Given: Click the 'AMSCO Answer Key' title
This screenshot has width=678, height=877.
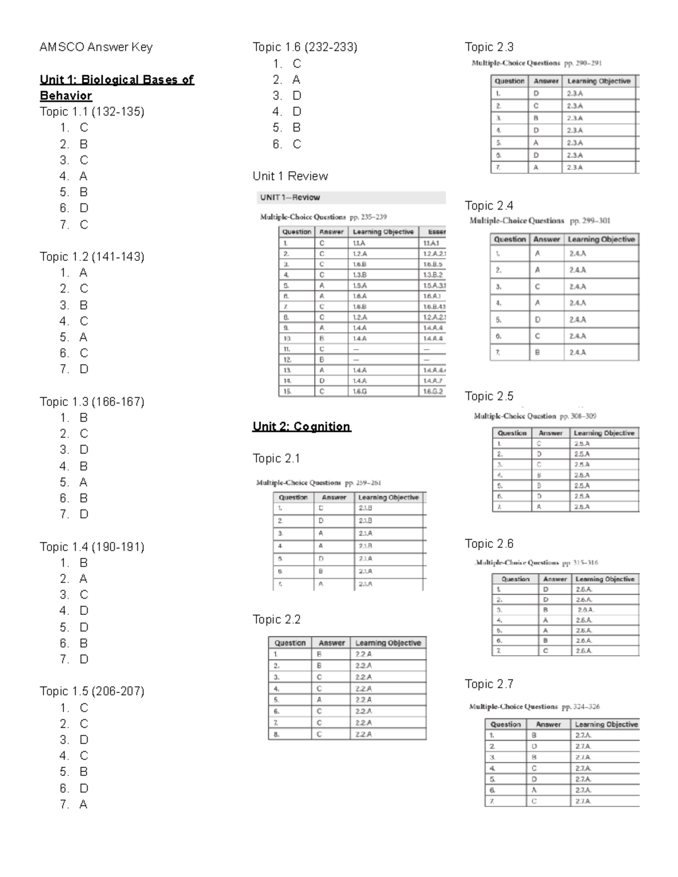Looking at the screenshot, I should click(95, 47).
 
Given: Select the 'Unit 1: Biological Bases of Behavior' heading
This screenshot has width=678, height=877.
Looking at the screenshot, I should click(116, 88).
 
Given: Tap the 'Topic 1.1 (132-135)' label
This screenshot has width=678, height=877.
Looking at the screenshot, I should click(92, 112).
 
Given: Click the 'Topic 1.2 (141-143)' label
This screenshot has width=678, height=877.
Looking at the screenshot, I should click(92, 257).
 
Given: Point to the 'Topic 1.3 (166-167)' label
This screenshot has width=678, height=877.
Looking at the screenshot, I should click(92, 402).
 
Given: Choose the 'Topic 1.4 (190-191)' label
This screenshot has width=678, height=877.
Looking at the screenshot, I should click(92, 547).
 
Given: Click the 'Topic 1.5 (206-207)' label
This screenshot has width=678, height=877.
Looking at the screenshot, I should click(92, 692).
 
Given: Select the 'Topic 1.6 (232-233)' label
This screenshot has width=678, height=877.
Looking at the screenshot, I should click(305, 47).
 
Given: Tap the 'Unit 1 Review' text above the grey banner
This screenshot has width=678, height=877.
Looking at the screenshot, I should click(290, 176).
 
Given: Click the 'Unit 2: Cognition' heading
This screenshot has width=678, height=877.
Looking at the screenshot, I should click(301, 426).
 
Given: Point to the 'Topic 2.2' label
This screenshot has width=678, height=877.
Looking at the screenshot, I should click(276, 619).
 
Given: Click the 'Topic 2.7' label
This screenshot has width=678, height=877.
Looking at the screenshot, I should click(489, 684).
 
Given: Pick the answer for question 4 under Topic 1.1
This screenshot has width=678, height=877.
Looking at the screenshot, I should click(83, 176).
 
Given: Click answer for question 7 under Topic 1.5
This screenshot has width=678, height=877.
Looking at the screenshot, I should click(83, 805).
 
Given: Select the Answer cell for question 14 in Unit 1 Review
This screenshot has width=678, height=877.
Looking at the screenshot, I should click(322, 381).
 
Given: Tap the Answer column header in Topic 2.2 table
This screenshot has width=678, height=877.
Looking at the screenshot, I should click(331, 643).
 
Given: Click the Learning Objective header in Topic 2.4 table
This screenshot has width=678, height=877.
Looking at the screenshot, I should click(601, 239).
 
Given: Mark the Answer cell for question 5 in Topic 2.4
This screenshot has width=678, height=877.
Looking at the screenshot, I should click(537, 320).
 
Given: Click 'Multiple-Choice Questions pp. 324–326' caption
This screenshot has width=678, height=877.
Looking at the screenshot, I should click(534, 706).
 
